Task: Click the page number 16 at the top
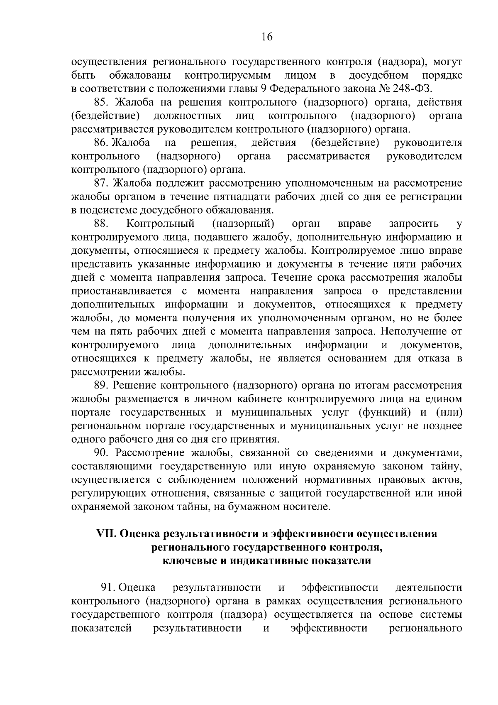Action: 267,37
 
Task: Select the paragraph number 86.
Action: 101,143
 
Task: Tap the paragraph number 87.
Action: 101,183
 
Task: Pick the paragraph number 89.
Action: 101,386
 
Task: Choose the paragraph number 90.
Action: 101,453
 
